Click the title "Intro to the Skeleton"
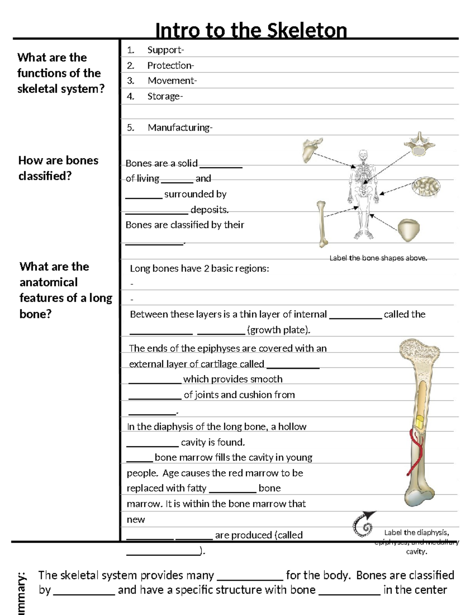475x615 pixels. (x=251, y=30)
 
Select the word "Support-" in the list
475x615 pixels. (x=165, y=50)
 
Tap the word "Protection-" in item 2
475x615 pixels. (x=171, y=66)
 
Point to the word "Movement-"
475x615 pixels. (x=172, y=81)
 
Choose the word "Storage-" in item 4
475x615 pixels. (x=165, y=97)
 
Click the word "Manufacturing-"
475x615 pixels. (x=180, y=128)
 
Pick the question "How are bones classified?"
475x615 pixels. (x=58, y=168)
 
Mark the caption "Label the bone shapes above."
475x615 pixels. (x=378, y=258)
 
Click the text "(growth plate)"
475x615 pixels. (x=279, y=330)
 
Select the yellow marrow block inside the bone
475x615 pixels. (x=419, y=421)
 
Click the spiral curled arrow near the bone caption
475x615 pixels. (x=364, y=524)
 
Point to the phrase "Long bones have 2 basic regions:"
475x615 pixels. (x=199, y=268)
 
